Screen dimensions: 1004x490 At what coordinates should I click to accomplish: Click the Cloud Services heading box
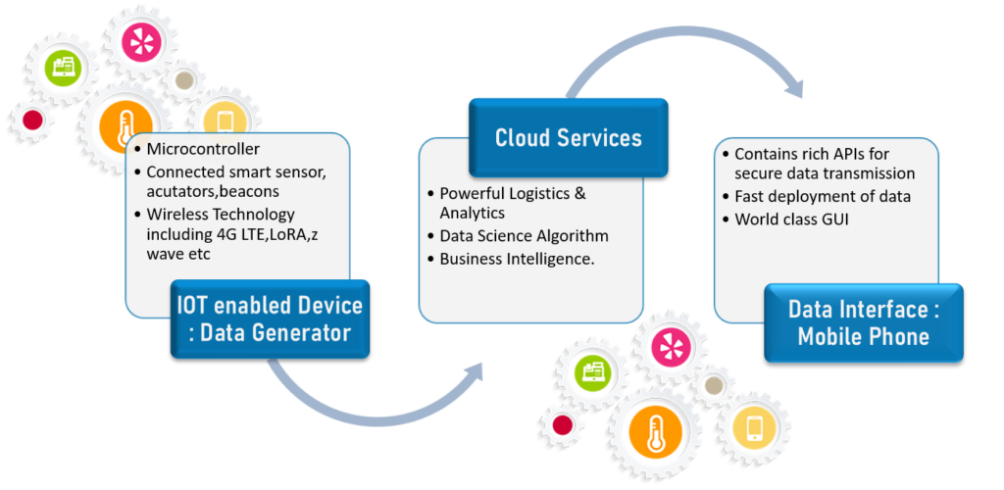(568, 137)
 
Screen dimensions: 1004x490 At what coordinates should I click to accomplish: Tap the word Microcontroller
(204, 149)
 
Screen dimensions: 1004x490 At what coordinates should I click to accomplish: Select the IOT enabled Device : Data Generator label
(270, 318)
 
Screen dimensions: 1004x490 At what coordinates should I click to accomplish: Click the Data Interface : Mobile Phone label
(864, 323)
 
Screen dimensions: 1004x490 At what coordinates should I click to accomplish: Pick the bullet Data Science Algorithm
(518, 236)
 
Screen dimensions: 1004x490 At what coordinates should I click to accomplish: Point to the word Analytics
(473, 213)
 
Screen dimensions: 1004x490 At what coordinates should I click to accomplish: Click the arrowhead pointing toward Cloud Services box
(471, 373)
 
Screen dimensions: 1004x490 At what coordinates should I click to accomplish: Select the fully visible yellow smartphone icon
(755, 429)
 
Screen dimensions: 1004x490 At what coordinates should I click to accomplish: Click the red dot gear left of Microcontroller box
(32, 120)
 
